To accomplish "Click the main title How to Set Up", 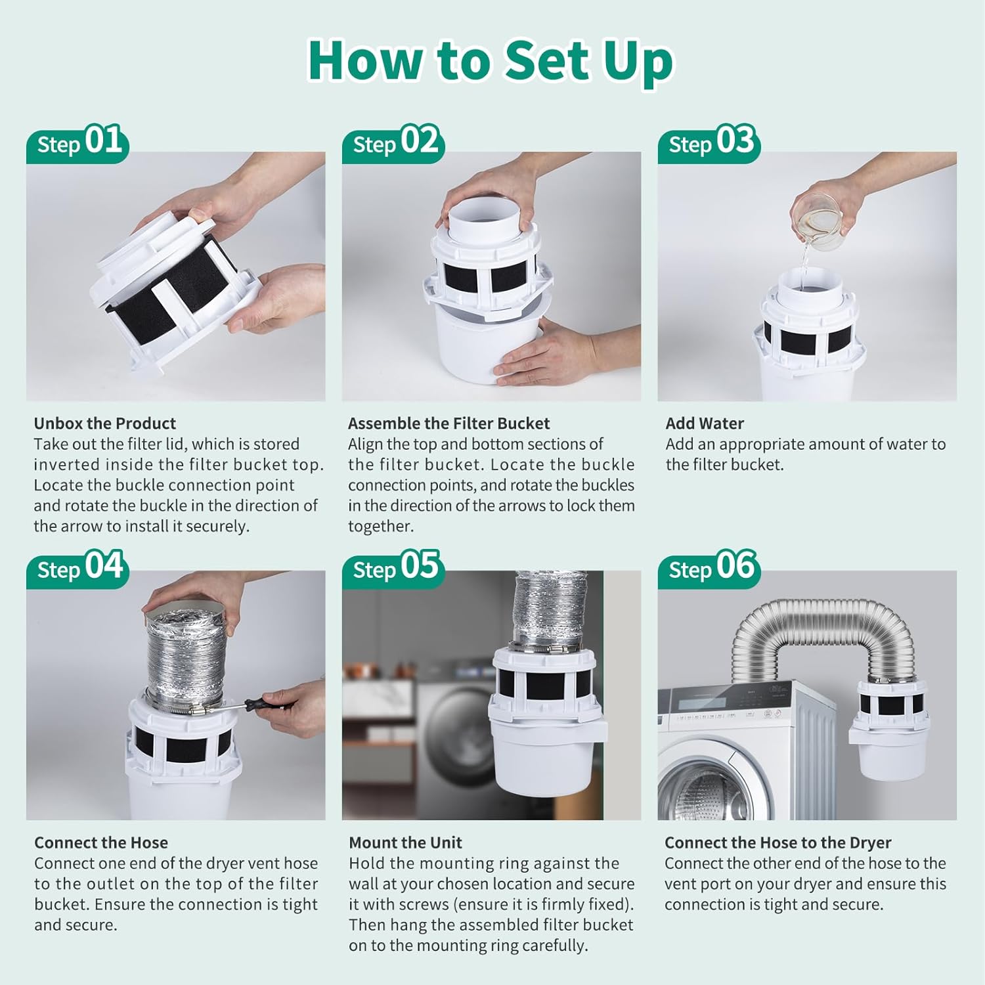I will click(491, 60).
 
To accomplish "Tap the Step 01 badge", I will click(78, 142).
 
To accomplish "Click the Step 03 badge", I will click(710, 142).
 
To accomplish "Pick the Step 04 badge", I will click(78, 568).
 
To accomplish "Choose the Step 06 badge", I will click(710, 568).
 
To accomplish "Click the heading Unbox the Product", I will click(105, 424).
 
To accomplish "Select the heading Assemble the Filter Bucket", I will click(449, 424).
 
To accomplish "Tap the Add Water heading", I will click(705, 424).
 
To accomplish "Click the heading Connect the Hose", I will click(101, 843).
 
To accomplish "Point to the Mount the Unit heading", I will click(405, 843).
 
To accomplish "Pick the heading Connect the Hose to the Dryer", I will click(777, 843).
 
